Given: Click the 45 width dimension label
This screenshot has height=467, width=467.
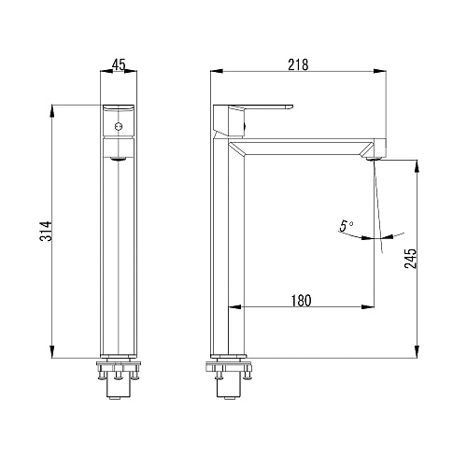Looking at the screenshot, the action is (x=119, y=64).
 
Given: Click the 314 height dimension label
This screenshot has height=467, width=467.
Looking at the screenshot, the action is (x=46, y=232).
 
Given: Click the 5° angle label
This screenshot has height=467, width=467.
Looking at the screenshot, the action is (x=347, y=226).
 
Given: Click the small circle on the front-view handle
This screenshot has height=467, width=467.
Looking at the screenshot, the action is (x=119, y=127).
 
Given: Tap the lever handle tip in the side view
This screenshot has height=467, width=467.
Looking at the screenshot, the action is (x=290, y=107).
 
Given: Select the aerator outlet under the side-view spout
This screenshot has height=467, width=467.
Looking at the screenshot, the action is (x=373, y=159).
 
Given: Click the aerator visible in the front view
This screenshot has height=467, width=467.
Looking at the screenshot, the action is (x=119, y=159).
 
